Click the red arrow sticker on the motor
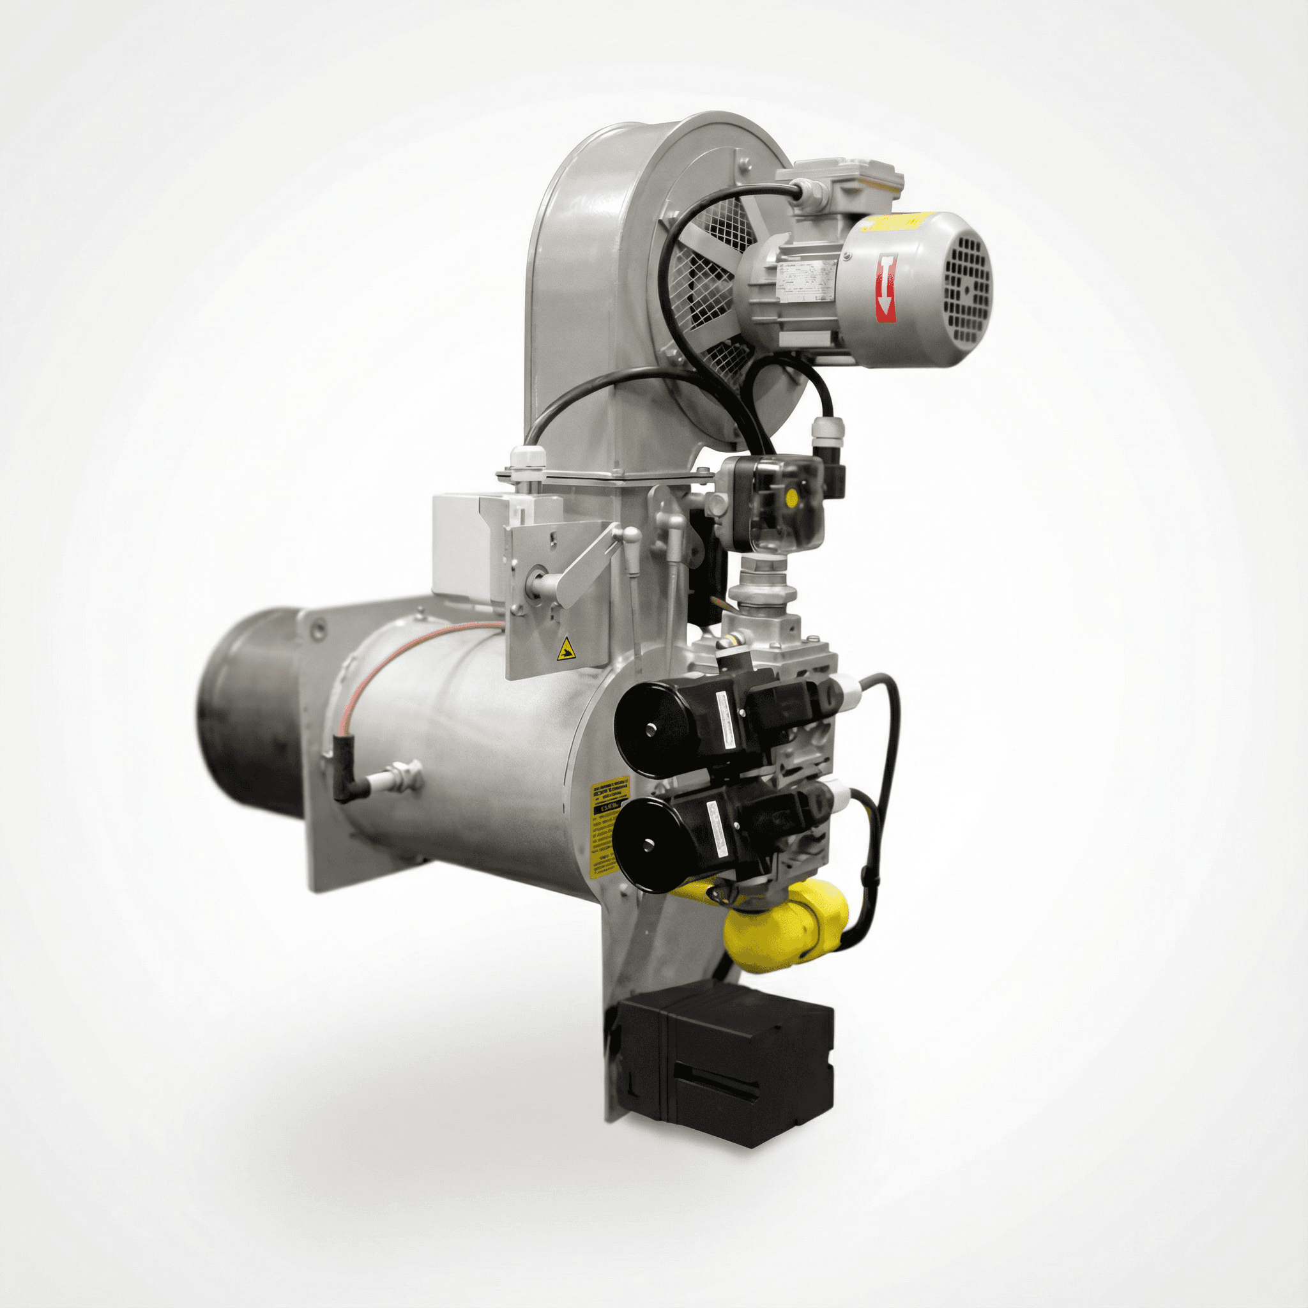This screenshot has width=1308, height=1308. [x=886, y=288]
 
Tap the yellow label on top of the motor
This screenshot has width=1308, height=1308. [x=898, y=222]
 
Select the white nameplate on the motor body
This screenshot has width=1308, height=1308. [x=805, y=280]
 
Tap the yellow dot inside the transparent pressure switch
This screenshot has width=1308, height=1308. [x=791, y=499]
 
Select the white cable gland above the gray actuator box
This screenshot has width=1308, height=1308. [x=526, y=460]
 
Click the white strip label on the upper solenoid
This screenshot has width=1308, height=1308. [x=730, y=721]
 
